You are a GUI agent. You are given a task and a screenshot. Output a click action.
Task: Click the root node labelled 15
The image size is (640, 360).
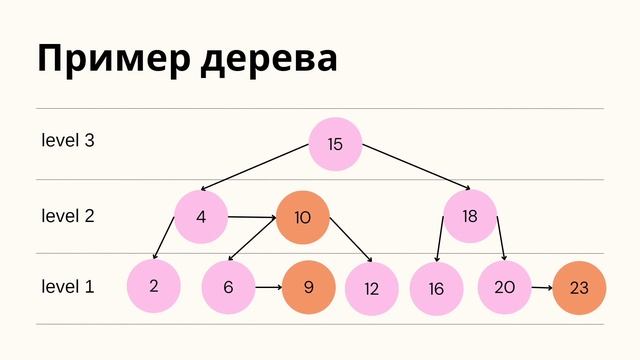pyautogui.click(x=335, y=144)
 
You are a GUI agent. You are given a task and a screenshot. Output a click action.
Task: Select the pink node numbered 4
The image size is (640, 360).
pyautogui.click(x=201, y=216)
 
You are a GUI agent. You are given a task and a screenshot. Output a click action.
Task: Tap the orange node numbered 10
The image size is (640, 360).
pyautogui.click(x=303, y=217)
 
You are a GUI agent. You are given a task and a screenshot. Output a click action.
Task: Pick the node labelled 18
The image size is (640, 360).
pyautogui.click(x=470, y=216)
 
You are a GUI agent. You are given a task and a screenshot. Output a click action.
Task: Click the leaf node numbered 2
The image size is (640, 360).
pyautogui.click(x=153, y=286)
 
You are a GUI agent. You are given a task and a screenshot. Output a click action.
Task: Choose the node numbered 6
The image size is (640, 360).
pyautogui.click(x=228, y=287)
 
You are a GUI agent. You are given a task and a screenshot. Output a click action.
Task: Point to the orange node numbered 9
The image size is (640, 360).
pyautogui.click(x=309, y=287)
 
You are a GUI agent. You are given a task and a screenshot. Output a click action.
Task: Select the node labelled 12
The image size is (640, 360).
pyautogui.click(x=372, y=289)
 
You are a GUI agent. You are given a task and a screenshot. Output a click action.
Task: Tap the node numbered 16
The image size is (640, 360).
pyautogui.click(x=436, y=289)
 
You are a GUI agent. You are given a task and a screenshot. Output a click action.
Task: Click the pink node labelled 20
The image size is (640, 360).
pyautogui.click(x=504, y=286)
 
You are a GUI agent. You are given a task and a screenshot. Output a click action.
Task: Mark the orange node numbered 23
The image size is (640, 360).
pyautogui.click(x=579, y=288)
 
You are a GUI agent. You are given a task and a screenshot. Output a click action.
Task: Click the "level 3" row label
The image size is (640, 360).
pyautogui.click(x=68, y=141)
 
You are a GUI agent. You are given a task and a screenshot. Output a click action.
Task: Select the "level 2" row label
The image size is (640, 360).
pyautogui.click(x=68, y=215)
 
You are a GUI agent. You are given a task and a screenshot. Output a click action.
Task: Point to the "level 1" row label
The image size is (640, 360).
pyautogui.click(x=68, y=287)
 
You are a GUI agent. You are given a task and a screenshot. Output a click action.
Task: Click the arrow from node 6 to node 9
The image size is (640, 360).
pyautogui.click(x=268, y=287)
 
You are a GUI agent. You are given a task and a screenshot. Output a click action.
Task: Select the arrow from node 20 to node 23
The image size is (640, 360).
pyautogui.click(x=541, y=288)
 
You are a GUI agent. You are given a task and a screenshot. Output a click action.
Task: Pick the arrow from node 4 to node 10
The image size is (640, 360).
pyautogui.click(x=252, y=217)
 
